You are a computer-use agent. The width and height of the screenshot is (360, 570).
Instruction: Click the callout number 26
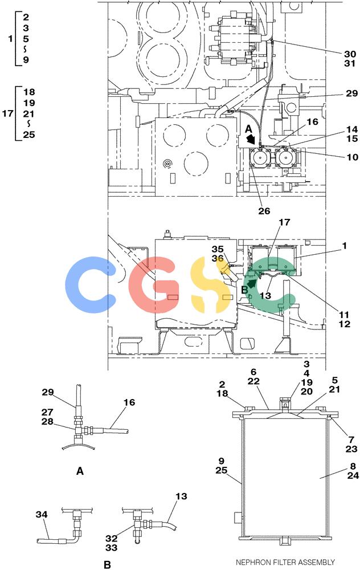pyautogui.click(x=264, y=211)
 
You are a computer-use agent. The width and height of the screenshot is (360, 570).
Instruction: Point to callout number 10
pyautogui.click(x=352, y=157)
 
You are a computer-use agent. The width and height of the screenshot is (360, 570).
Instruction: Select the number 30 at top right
pyautogui.click(x=350, y=54)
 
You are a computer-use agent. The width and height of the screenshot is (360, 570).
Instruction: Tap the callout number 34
pyautogui.click(x=42, y=514)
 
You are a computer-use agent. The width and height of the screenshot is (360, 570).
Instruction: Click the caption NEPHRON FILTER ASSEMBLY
pyautogui.click(x=285, y=562)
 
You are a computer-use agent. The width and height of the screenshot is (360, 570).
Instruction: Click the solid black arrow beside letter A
pyautogui.click(x=250, y=139)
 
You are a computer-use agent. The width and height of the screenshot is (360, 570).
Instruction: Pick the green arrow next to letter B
pyautogui.click(x=251, y=283)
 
